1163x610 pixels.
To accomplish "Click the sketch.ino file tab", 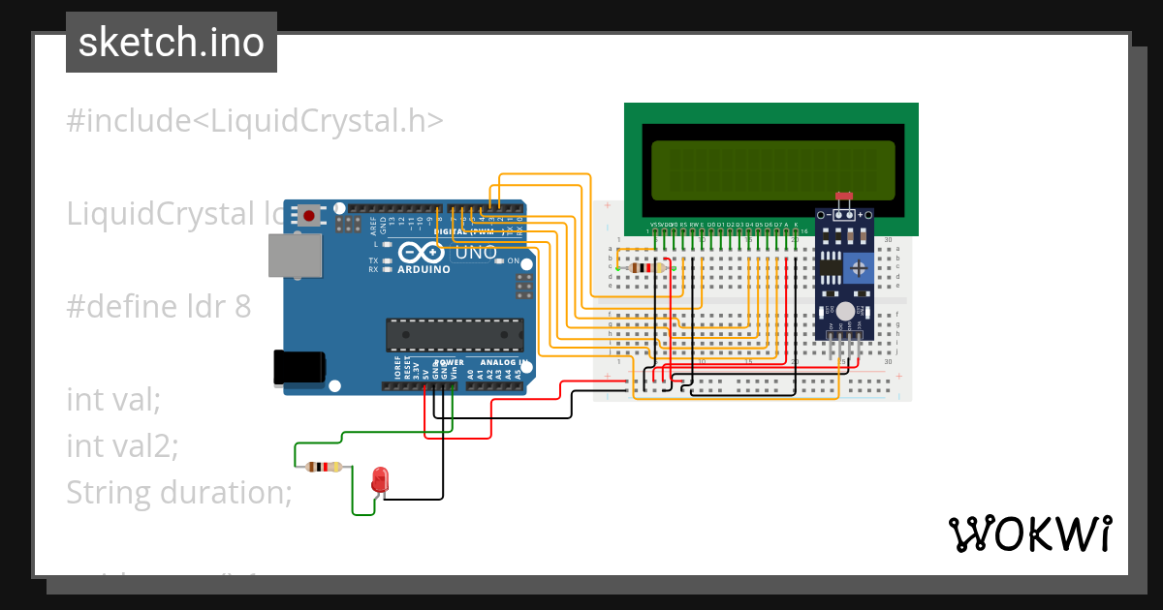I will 171,43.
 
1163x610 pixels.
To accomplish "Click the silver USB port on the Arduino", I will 296,256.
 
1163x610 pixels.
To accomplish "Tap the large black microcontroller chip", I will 454,334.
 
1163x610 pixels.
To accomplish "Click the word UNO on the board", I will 476,253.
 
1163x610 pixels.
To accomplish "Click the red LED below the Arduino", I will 380,478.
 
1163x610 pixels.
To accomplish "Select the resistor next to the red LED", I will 324,467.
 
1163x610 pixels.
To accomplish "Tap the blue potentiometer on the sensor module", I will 858,268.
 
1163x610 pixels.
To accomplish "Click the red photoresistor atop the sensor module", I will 844,196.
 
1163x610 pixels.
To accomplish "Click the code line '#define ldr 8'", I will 158,307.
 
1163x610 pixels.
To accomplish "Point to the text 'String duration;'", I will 178,493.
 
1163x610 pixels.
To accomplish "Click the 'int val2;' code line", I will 122,445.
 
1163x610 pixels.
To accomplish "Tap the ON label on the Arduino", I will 511,262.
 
